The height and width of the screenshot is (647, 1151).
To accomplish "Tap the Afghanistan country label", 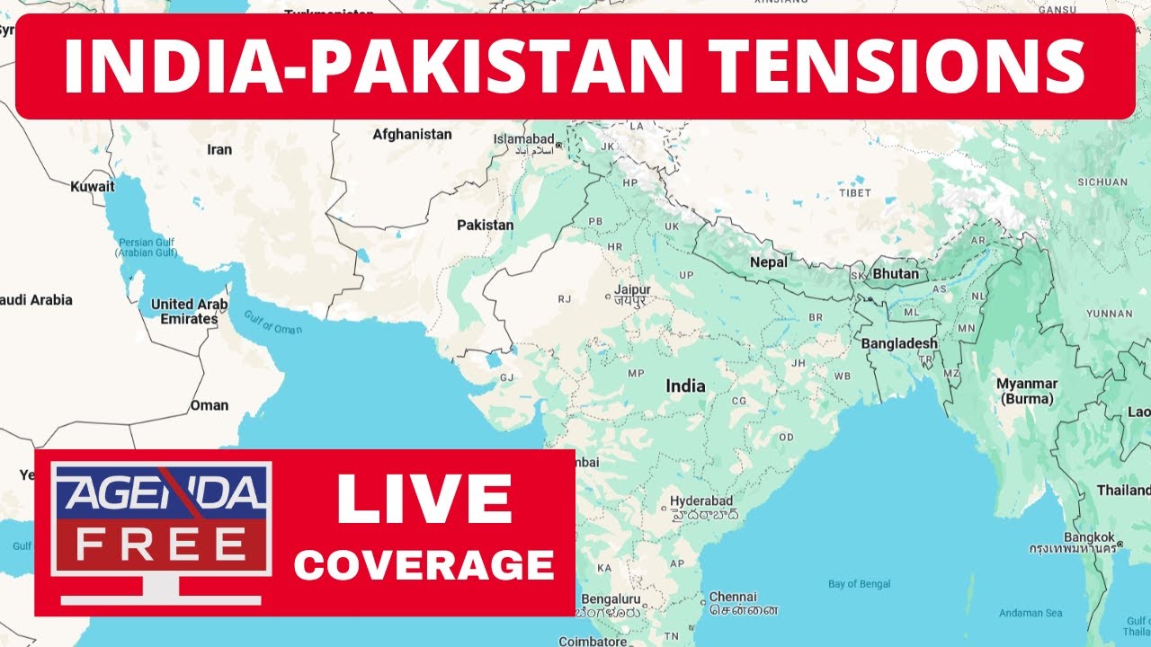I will point(412,134).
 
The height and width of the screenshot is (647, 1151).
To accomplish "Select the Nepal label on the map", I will point(769,262).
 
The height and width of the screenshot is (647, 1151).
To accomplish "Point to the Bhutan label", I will point(896,273).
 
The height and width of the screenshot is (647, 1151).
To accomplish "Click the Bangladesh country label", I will point(899,343).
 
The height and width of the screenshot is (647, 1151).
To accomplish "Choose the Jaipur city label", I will point(632,290).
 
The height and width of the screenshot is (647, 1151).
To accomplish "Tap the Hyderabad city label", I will point(701,501).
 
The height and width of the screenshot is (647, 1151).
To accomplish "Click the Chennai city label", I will point(733,597).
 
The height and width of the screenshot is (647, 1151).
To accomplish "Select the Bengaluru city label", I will point(611,598).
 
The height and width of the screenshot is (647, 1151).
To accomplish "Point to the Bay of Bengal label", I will point(860,584).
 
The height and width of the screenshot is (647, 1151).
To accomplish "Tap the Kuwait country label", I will point(93,187).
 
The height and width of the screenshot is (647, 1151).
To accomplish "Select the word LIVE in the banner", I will point(424,500).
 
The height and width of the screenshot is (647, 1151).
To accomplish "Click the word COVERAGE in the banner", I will point(424,564).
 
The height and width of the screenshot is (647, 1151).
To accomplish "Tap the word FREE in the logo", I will point(161,544).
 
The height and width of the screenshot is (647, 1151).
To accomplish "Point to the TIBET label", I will point(854,192).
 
